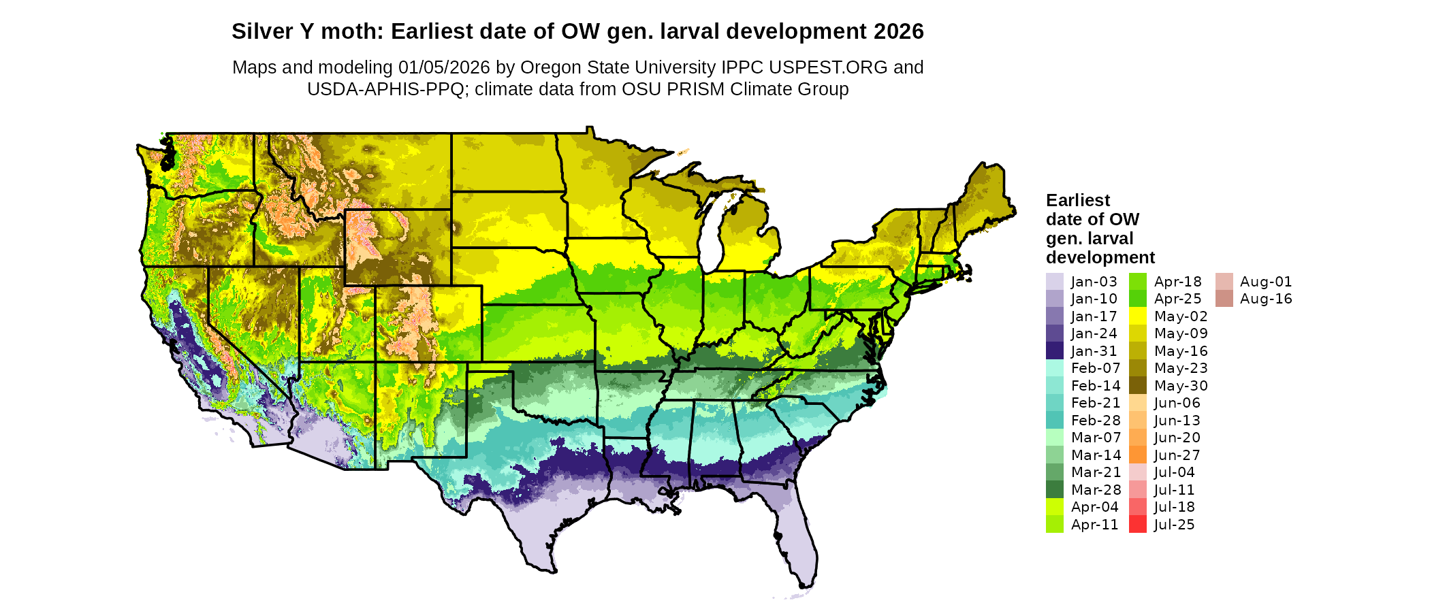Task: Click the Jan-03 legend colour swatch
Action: [1054, 282]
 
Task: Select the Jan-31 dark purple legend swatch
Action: [1054, 351]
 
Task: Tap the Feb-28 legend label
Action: [1096, 421]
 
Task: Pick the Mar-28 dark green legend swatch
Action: [1054, 490]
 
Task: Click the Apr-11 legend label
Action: [1094, 525]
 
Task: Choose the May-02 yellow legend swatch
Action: [1138, 316]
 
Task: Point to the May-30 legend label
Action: [1181, 386]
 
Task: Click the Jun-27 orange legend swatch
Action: [1138, 455]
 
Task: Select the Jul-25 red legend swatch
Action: [1138, 525]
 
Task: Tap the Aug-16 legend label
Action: [1266, 299]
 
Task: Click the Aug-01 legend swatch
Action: [1224, 282]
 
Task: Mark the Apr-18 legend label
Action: [1178, 282]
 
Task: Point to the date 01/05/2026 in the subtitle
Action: [444, 67]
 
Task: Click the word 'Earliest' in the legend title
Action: [1078, 201]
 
